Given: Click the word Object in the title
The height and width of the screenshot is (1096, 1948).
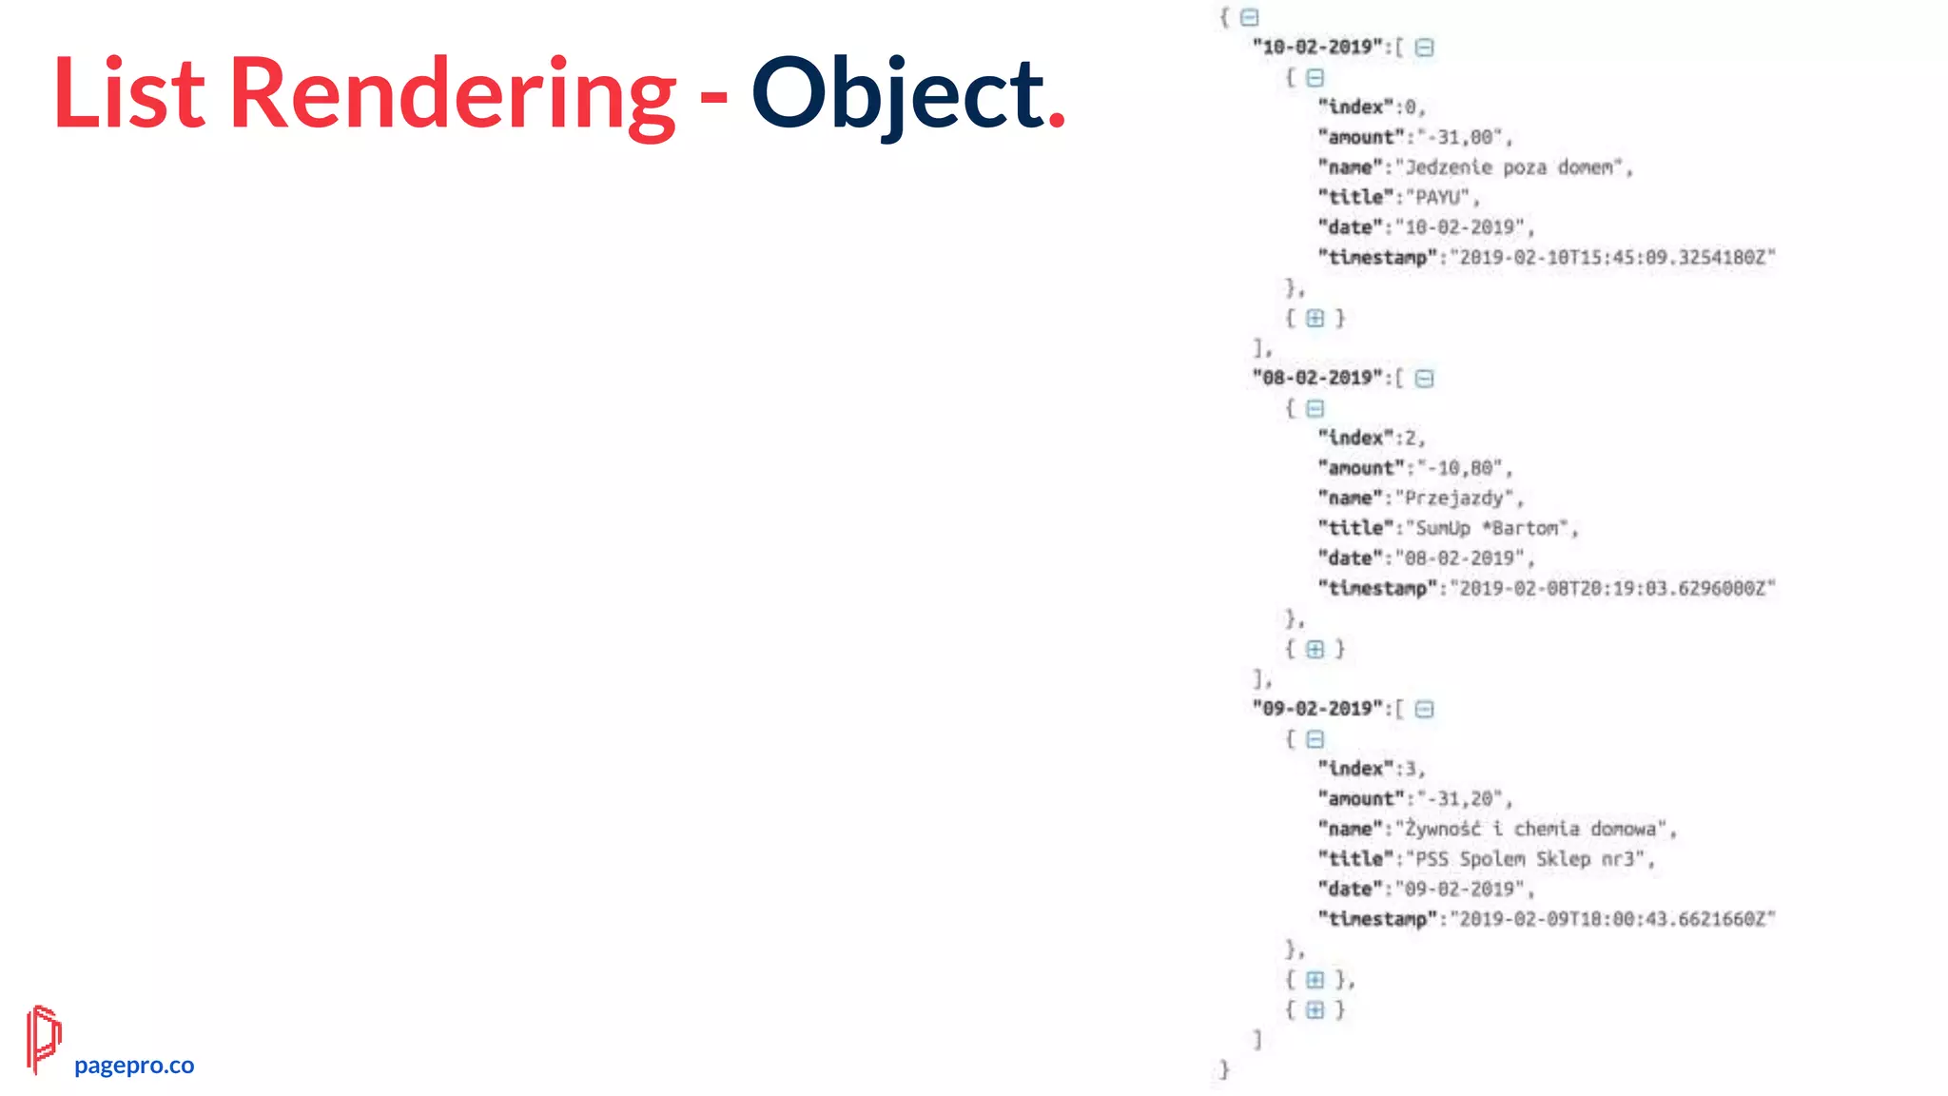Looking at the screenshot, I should coord(897,94).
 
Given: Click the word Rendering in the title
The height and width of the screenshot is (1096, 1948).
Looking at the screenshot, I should coord(453,94).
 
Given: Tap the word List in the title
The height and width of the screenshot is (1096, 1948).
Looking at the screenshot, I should coord(128,94).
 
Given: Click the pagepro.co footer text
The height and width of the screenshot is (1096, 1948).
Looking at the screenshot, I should coord(134,1065).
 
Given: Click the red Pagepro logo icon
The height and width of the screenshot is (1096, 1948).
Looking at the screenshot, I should coord(43,1038).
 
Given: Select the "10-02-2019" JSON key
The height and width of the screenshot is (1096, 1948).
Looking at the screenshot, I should coord(1317,47).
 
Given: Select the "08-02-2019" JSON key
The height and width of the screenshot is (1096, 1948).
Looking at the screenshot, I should coord(1317,378).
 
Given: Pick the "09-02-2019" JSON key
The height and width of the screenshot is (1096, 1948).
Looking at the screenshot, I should coord(1317,709).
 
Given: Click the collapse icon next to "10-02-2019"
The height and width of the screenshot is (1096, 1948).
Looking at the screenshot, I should coord(1424,48).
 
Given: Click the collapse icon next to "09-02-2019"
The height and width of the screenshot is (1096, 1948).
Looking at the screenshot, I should coord(1424,710).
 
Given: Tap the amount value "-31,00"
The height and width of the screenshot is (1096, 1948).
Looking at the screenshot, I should coord(1460,137).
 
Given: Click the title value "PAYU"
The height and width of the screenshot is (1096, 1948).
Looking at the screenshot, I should coord(1437,197).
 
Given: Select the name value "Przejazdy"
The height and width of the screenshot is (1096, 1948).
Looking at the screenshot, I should coord(1454,498).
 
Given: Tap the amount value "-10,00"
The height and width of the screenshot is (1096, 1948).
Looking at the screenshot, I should coord(1460,468).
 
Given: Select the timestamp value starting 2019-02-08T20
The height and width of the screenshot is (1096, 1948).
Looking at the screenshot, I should coord(1612,589).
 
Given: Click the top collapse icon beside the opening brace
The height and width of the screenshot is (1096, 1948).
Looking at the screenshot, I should coord(1250,17).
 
